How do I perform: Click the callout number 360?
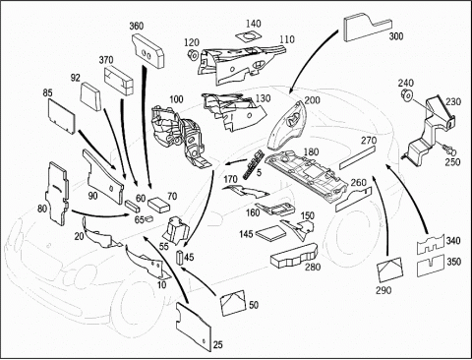137,26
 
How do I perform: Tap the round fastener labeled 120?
193,55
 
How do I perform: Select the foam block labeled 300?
367,28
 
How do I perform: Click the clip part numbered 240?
407,95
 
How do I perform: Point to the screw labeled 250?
449,150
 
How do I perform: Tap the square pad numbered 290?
389,270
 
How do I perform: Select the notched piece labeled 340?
430,245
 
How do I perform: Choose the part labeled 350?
430,266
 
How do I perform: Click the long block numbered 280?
294,256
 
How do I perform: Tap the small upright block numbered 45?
180,258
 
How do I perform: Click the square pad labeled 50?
233,303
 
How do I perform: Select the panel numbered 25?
194,327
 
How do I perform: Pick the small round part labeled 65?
149,218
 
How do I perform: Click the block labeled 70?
158,205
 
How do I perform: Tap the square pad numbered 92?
90,95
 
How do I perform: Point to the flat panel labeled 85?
62,117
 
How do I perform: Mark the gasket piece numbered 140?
250,36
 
